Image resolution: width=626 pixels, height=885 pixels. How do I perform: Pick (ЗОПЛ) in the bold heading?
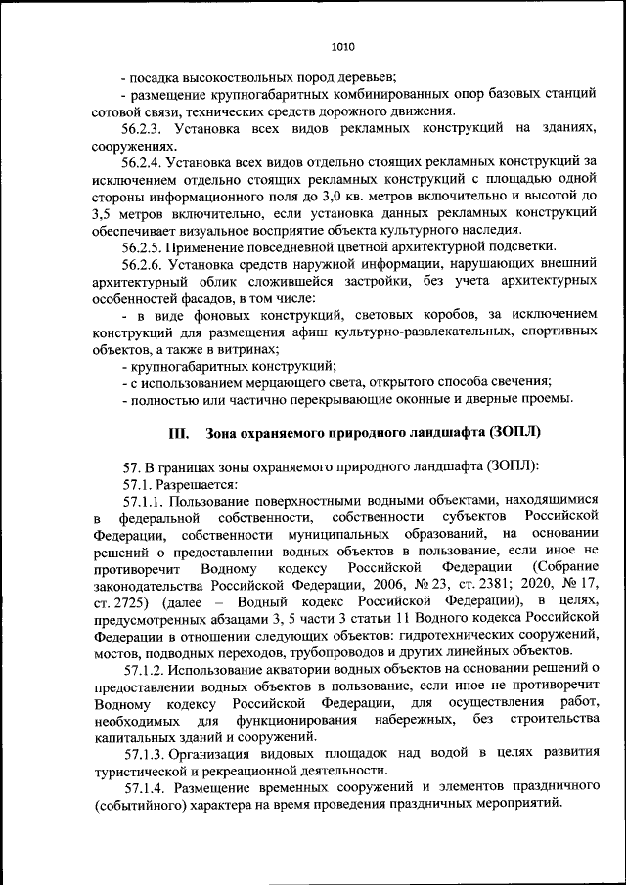(509, 432)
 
